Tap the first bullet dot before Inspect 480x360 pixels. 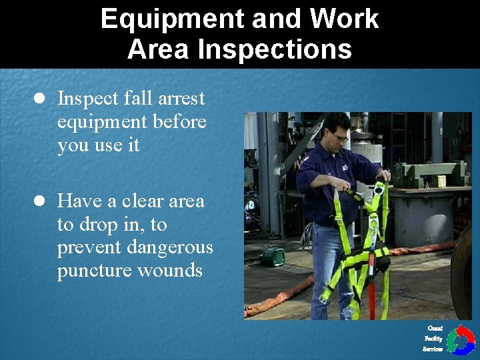pos(39,99)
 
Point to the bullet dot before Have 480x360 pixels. pos(39,201)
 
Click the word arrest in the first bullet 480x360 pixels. pos(181,99)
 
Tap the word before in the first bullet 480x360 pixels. pos(179,122)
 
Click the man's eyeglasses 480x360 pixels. pos(339,137)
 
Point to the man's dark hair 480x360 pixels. pos(333,123)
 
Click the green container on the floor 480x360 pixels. pos(272,256)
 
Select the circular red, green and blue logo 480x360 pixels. pos(460,340)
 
